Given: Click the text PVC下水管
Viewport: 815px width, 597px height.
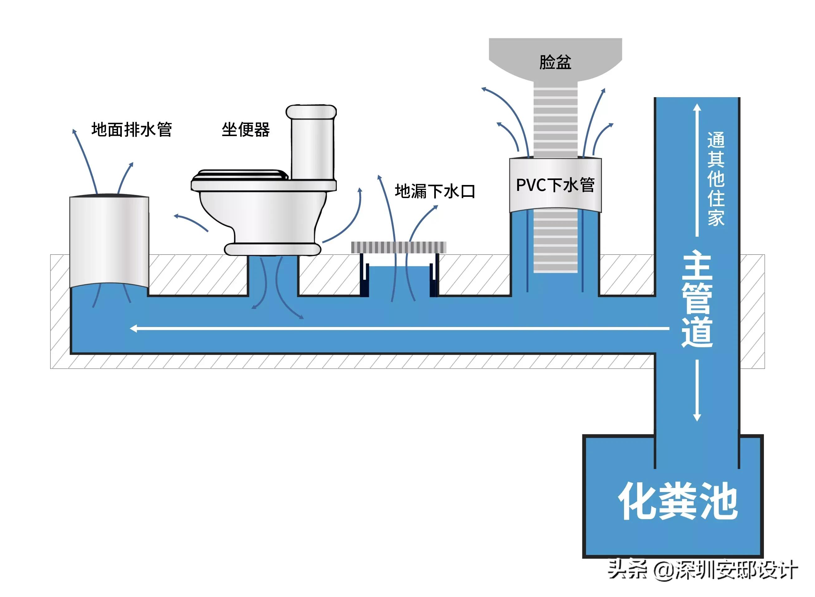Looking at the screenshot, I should click(x=555, y=185).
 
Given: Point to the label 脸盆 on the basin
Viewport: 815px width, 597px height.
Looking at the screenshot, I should click(x=555, y=62).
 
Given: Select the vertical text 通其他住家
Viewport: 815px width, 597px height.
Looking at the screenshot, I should click(x=716, y=179).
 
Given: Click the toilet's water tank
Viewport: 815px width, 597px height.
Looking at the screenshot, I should click(x=312, y=148).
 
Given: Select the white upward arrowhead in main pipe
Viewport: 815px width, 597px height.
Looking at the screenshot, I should click(x=697, y=108).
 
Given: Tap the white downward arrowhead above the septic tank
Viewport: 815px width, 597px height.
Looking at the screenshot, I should click(x=697, y=417).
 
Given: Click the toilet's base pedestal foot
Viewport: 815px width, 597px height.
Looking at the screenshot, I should click(x=273, y=249).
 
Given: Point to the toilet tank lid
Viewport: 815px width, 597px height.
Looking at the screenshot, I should click(x=311, y=112).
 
